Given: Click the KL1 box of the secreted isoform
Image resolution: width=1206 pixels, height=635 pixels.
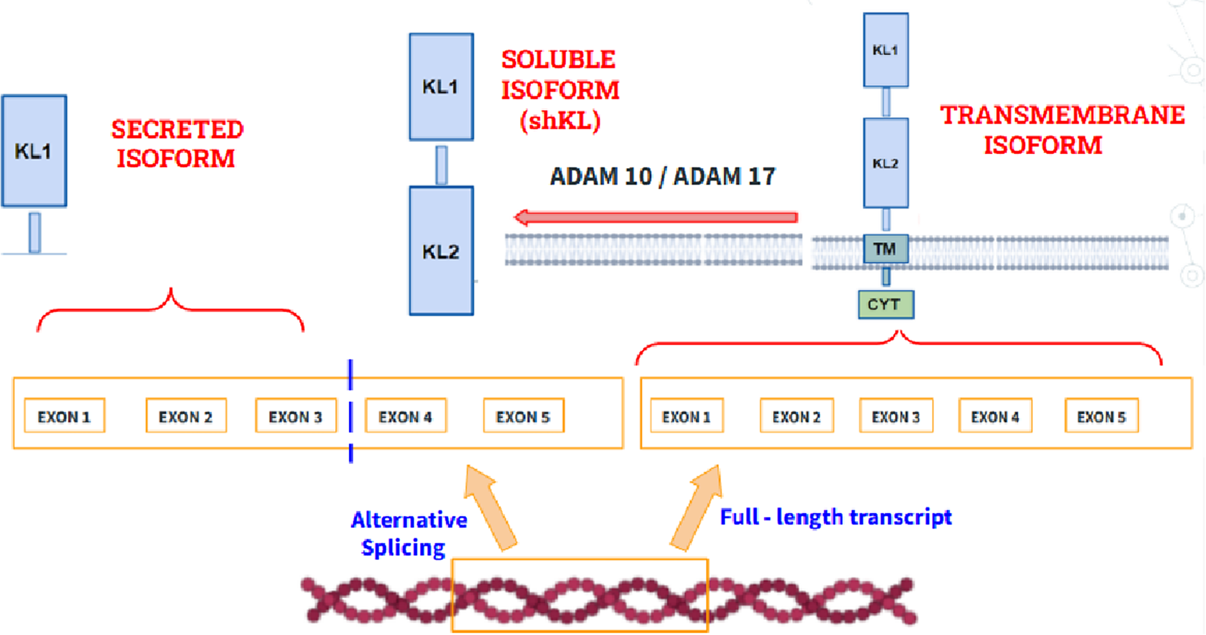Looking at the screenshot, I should click(x=34, y=151).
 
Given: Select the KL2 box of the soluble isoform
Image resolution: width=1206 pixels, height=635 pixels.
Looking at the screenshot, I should click(x=441, y=251).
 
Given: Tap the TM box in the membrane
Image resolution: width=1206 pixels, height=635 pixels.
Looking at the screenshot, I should click(x=885, y=249).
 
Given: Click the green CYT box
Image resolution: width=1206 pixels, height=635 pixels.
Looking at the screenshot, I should click(x=885, y=304).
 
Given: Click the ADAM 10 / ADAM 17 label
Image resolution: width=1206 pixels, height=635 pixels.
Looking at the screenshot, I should click(x=663, y=176).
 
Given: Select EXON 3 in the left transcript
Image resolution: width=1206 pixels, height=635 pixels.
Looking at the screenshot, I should click(x=295, y=416).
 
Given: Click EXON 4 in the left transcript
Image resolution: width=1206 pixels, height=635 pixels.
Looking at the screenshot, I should click(x=405, y=416).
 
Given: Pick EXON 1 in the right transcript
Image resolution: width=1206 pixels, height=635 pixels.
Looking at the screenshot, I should click(x=686, y=416).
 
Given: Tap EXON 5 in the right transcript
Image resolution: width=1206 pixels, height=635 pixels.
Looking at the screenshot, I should click(x=1101, y=416).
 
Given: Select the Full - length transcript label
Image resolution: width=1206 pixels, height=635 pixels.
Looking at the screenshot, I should click(x=836, y=516).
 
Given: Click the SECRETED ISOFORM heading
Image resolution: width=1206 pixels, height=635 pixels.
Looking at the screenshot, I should click(x=177, y=144).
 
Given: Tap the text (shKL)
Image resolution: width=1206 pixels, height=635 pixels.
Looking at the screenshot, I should click(x=560, y=120).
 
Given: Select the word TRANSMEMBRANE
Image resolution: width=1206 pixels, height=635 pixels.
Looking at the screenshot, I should click(x=1062, y=115).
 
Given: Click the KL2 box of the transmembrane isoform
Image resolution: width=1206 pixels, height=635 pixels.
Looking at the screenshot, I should click(x=885, y=163).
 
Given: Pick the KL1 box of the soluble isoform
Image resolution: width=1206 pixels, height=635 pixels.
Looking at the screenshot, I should click(x=441, y=87).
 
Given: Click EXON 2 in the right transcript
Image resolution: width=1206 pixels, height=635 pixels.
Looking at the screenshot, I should click(x=796, y=416).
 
